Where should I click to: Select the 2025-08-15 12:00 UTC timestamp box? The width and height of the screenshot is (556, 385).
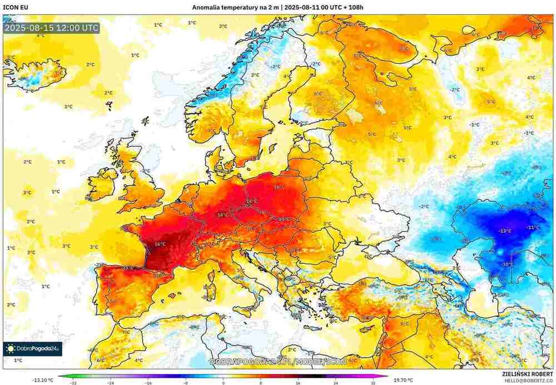51,28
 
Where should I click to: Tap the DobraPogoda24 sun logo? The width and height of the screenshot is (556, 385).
11,349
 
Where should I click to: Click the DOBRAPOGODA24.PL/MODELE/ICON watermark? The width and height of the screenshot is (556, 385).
278,362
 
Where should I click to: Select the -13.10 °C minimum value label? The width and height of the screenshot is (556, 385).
43,380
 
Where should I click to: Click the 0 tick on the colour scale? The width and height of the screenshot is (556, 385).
224,383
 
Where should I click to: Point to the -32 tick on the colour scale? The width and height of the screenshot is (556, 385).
73,383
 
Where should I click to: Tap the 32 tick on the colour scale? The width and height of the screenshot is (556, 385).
374,383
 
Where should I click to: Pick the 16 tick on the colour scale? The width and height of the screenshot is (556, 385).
299,383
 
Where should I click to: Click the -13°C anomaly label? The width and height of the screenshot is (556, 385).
504,231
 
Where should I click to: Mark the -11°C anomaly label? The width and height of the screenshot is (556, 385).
533,228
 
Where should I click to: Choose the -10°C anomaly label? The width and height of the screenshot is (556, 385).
507,264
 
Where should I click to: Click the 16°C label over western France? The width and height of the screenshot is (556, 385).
160,244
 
